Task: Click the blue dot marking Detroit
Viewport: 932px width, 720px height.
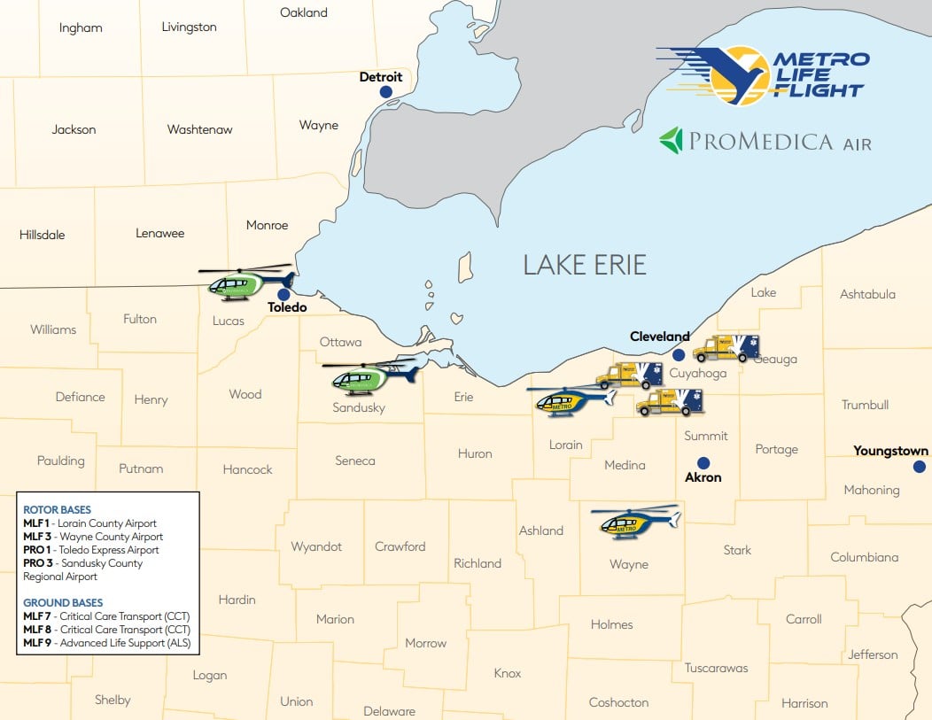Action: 385,92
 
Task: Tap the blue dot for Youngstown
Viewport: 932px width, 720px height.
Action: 920,466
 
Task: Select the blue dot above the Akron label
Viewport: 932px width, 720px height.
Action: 703,462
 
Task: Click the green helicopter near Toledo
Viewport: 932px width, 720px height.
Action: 243,282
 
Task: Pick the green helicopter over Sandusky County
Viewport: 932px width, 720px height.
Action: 369,376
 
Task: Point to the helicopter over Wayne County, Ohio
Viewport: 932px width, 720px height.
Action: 633,523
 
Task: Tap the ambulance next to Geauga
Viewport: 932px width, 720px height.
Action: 726,348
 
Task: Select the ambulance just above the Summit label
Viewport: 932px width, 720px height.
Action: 670,402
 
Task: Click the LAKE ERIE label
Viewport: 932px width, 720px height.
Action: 585,264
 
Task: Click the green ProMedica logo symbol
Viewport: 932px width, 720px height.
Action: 672,141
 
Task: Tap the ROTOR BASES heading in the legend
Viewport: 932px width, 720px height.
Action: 57,510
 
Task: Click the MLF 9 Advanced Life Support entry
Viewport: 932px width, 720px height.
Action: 107,642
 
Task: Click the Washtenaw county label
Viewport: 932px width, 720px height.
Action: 199,129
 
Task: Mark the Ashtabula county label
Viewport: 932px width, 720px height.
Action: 867,294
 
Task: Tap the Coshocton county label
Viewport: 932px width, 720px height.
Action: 618,702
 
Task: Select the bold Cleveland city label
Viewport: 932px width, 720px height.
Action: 659,337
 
